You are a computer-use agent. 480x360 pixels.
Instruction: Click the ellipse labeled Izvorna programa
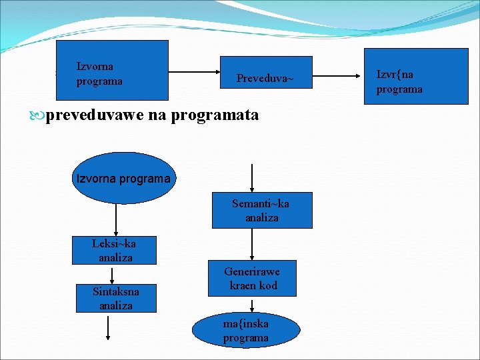[x=123, y=179]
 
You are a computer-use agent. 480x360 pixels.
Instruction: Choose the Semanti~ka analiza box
[x=261, y=210]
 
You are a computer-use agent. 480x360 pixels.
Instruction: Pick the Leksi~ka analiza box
[x=114, y=250]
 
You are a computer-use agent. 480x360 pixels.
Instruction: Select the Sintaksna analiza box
[x=116, y=299]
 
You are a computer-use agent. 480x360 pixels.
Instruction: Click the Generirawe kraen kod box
[x=251, y=279]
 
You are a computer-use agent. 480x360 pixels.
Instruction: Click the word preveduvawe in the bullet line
[x=95, y=115]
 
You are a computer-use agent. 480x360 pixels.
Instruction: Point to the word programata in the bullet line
[x=215, y=115]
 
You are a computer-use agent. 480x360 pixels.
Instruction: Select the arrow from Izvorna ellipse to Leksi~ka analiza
[x=116, y=220]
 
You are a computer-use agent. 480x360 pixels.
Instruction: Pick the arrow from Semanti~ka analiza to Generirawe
[x=251, y=244]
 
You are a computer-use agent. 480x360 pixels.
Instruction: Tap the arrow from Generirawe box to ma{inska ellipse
[x=252, y=305]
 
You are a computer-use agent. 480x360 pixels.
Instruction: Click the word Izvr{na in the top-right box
[x=395, y=75]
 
